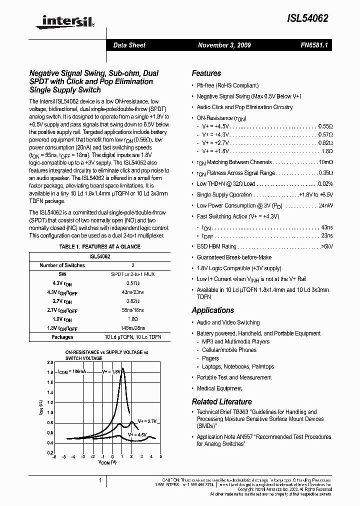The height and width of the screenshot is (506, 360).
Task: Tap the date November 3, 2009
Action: [224, 45]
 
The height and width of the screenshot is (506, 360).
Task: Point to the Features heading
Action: [206, 73]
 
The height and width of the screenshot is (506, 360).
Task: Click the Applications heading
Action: [212, 310]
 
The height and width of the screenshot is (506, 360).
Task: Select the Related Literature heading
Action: [221, 402]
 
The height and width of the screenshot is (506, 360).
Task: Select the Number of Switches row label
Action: [62, 265]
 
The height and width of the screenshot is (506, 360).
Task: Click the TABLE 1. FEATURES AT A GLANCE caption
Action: [100, 246]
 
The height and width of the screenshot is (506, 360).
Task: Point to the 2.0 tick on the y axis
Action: [49, 362]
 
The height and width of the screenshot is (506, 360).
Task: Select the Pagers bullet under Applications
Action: [210, 358]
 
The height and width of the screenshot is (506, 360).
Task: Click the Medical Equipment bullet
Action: [219, 388]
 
